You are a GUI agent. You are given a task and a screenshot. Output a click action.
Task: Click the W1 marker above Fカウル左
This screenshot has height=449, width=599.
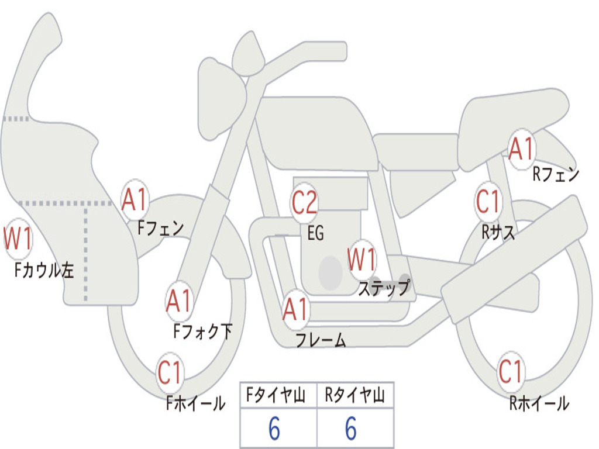pyautogui.click(x=18, y=239)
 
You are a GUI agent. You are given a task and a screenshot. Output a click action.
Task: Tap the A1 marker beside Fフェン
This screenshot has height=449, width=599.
pyautogui.click(x=135, y=200)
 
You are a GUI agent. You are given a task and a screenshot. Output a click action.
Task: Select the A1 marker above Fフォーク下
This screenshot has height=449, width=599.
pyautogui.click(x=180, y=301)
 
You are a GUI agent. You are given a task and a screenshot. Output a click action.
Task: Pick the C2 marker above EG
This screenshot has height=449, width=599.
pyautogui.click(x=304, y=202)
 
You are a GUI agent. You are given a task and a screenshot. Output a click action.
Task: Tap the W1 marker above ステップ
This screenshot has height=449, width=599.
pyautogui.click(x=362, y=260)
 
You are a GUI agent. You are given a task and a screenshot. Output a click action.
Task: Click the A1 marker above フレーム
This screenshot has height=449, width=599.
pyautogui.click(x=295, y=309)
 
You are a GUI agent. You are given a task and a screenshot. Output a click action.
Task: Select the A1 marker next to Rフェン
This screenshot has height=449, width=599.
pyautogui.click(x=521, y=148)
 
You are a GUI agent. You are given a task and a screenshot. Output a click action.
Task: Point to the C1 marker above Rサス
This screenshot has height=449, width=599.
pyautogui.click(x=488, y=202)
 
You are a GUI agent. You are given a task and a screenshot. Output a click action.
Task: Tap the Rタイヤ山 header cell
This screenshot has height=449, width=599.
pyautogui.click(x=355, y=395)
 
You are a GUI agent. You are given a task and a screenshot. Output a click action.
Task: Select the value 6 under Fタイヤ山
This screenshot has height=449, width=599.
pyautogui.click(x=274, y=428)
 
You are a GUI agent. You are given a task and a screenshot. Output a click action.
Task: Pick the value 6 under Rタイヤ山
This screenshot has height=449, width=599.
pyautogui.click(x=351, y=428)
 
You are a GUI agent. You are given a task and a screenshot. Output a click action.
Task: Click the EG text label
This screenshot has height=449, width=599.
pyautogui.click(x=316, y=233)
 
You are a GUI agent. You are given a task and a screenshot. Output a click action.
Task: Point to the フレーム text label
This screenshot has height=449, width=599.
pyautogui.click(x=321, y=340)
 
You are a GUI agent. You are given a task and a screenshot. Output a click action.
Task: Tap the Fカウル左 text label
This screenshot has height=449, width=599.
pyautogui.click(x=44, y=270)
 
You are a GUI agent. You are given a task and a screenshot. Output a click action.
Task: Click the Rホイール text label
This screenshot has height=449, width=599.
pyautogui.click(x=539, y=403)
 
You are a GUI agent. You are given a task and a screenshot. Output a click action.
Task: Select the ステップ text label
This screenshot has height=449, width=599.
pyautogui.click(x=384, y=287)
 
